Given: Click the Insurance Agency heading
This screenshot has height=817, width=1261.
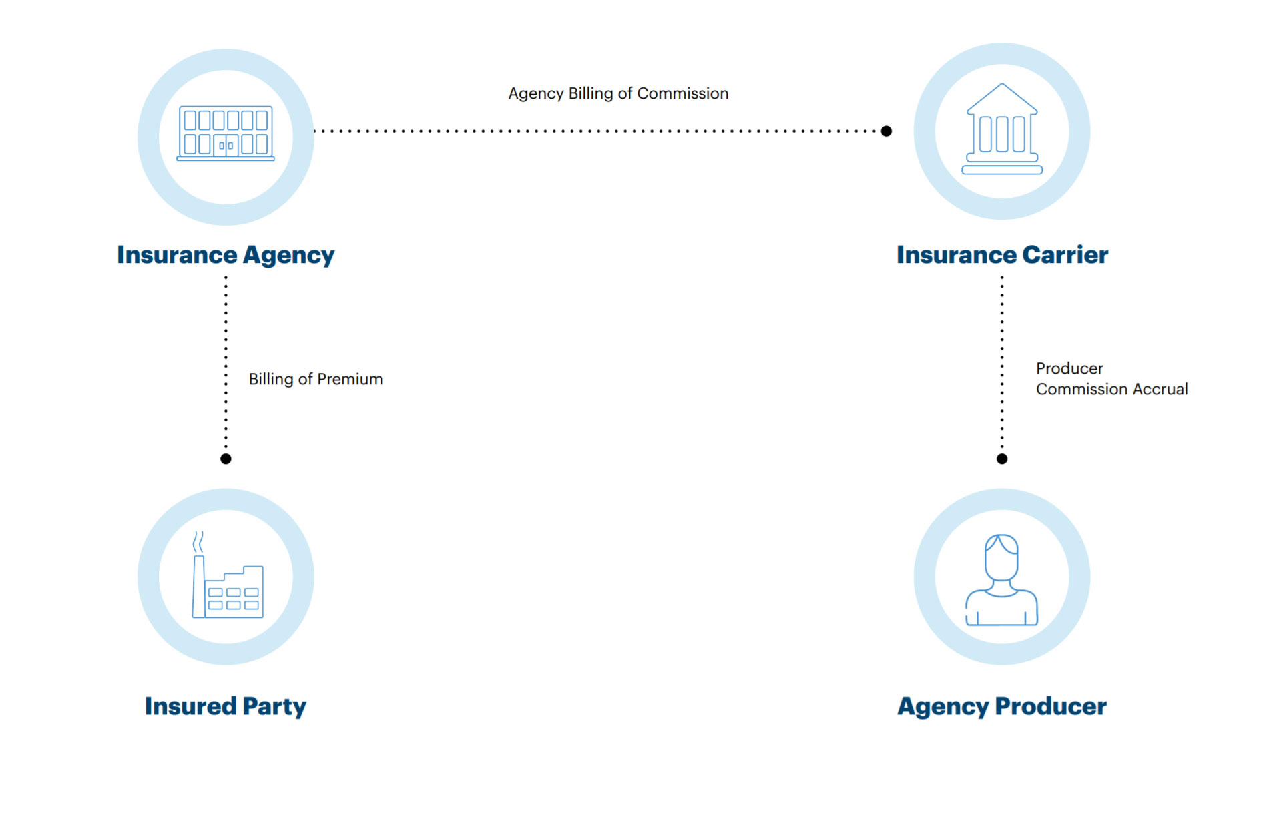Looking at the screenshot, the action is (x=226, y=255).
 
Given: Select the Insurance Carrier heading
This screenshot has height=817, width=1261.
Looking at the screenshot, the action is (x=1002, y=255).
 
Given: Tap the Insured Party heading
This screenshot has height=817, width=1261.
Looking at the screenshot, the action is (x=226, y=706).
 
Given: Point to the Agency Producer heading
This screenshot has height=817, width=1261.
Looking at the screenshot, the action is (x=1002, y=706).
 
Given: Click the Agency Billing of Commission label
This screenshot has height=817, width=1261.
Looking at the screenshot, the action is (x=618, y=93).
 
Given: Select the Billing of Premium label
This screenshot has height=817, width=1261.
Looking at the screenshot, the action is (x=316, y=379).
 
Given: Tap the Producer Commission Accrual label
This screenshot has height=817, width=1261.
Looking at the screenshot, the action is (x=1111, y=378).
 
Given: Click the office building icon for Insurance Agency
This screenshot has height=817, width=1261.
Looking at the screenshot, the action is (x=226, y=133).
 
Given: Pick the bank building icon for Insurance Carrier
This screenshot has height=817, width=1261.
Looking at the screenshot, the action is (x=1002, y=129).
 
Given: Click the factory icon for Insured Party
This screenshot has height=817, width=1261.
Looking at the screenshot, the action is (x=228, y=575).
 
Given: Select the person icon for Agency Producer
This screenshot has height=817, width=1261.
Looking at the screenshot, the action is (x=1001, y=579).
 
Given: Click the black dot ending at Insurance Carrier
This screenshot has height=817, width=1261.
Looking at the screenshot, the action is (x=887, y=131).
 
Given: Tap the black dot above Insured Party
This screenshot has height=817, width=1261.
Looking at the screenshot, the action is (x=226, y=459).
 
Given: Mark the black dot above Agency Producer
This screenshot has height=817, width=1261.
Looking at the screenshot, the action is (x=1002, y=459).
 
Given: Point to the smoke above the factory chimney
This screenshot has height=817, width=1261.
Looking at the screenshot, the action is (x=198, y=542).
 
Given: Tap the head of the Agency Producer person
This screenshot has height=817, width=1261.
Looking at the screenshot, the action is (x=1001, y=557).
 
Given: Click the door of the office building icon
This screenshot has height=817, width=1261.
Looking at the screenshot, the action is (x=226, y=145).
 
